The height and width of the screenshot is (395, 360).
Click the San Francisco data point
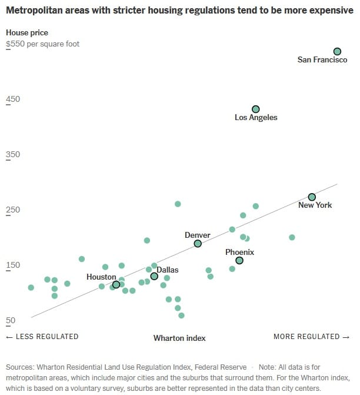[337, 52]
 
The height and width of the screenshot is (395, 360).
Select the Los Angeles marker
[255, 109]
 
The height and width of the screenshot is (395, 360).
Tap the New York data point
[312, 197]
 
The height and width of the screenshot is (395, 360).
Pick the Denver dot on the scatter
[198, 244]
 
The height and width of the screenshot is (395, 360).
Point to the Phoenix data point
[239, 260]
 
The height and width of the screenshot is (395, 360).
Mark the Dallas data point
[154, 276]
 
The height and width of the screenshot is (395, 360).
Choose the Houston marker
[116, 284]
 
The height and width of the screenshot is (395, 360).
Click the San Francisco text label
[322, 60]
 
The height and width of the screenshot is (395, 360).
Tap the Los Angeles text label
[256, 118]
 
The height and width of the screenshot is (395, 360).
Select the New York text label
[315, 205]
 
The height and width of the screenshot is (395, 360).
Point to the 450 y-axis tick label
[13, 99]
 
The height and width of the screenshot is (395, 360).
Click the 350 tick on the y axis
[13, 154]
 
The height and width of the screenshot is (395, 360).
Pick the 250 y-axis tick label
[13, 210]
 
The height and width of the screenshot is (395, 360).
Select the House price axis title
[27, 32]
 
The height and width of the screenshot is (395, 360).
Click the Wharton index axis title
[179, 338]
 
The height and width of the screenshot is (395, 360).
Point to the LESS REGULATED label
[42, 337]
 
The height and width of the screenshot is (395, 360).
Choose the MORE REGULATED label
[311, 337]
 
